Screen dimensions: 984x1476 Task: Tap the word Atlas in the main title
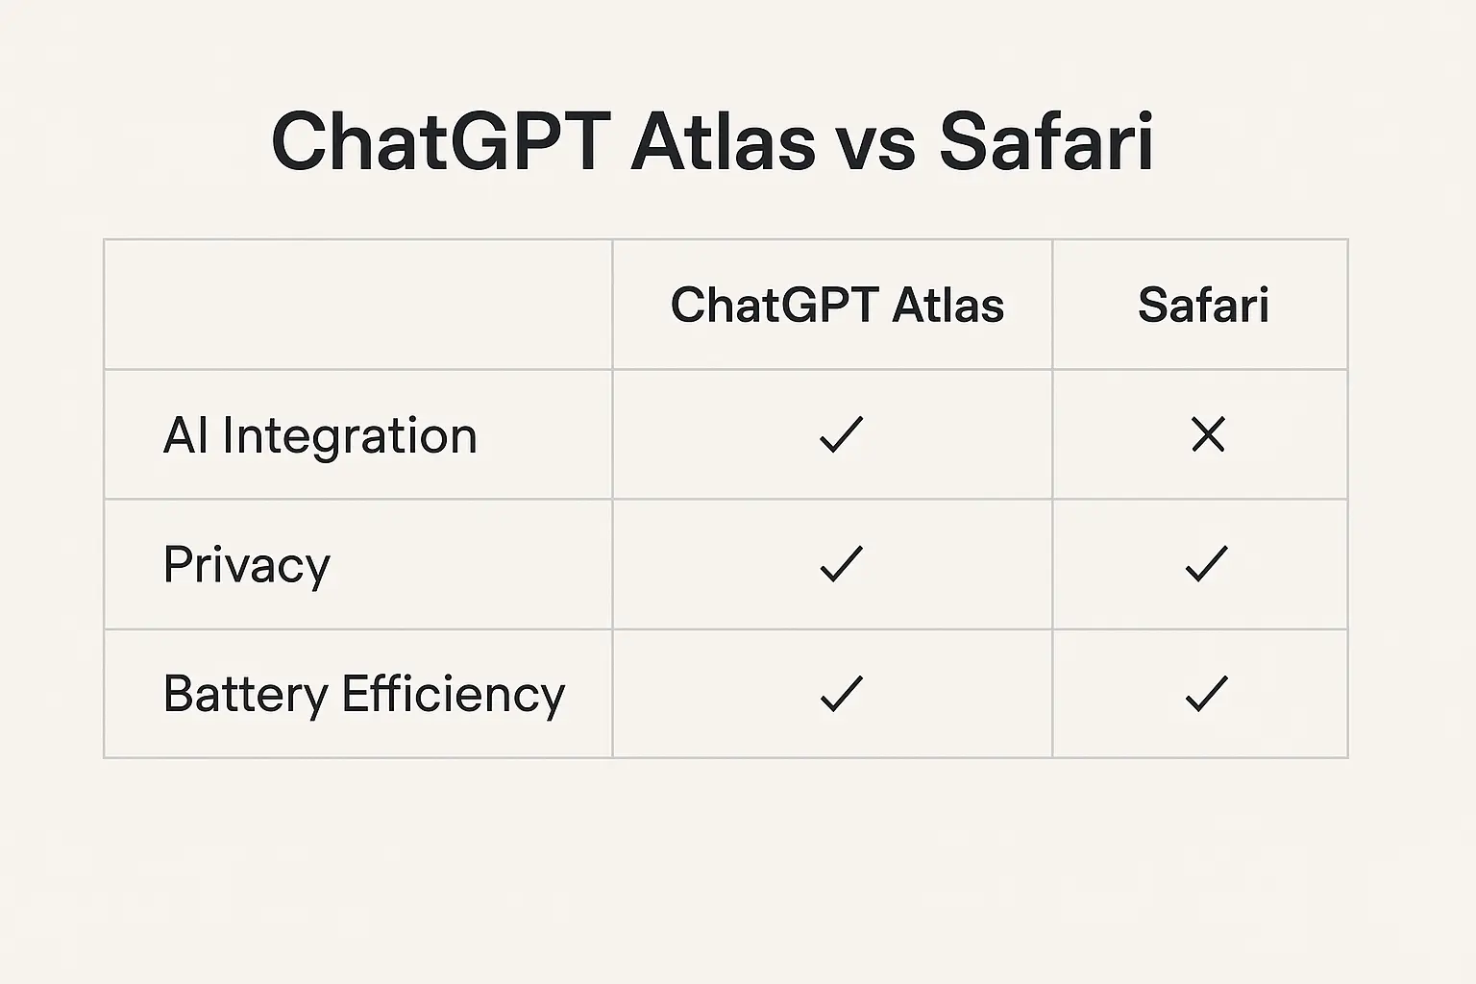coord(723,142)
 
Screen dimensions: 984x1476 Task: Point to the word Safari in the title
coord(1046,142)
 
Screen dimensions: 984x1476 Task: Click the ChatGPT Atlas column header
coord(837,306)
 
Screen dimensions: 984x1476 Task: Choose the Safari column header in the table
coord(1203,306)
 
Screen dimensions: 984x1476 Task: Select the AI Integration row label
coord(320,436)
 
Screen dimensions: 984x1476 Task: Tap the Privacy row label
coord(246,565)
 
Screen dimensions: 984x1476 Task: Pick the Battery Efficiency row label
coord(364,695)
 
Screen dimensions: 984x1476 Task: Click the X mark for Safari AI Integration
coord(1208,435)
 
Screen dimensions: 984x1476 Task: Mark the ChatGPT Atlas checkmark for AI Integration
coord(841,435)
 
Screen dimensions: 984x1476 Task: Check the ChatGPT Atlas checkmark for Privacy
coord(841,564)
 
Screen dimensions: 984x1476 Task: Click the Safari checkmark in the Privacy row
coord(1207,564)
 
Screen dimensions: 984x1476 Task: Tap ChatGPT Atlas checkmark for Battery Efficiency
coord(841,694)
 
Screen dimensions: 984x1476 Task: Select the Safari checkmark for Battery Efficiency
coord(1207,694)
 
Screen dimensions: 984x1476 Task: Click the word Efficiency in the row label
coord(453,695)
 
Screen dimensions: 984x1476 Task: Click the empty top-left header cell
coord(357,305)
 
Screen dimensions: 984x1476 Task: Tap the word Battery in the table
coord(245,695)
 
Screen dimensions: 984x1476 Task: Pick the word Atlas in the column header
coord(947,306)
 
